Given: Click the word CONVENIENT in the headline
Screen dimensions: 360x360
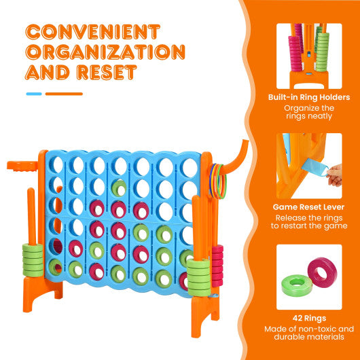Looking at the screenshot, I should [x=93, y=31].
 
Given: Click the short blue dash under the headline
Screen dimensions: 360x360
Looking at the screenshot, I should [x=34, y=94].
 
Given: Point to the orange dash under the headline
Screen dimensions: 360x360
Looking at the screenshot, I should [x=64, y=94].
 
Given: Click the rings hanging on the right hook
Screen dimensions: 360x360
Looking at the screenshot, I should [x=218, y=183].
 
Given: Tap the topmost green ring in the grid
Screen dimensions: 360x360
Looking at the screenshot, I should [x=119, y=187].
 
